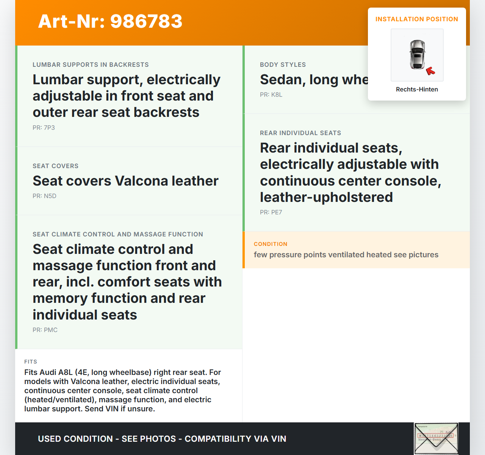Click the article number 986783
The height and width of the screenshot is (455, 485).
(x=146, y=21)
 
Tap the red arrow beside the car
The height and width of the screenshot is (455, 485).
(x=430, y=71)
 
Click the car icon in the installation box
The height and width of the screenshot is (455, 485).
(x=417, y=55)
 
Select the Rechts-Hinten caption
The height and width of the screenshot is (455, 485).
(x=417, y=89)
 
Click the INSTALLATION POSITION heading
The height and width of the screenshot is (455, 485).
(x=417, y=19)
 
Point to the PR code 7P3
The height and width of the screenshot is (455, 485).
(x=44, y=128)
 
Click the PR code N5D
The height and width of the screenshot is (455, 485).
(x=44, y=196)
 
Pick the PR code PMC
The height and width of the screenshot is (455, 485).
(x=45, y=330)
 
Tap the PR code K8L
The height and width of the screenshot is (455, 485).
(x=271, y=94)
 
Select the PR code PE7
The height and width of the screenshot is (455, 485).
(x=271, y=212)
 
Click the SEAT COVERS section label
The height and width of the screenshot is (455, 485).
(x=55, y=166)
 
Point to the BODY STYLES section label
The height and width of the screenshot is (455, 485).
(x=283, y=65)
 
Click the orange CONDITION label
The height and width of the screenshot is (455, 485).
(x=271, y=244)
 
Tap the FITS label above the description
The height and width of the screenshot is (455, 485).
(x=31, y=362)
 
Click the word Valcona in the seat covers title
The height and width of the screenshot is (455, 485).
(x=141, y=181)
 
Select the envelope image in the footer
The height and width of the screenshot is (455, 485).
(x=436, y=438)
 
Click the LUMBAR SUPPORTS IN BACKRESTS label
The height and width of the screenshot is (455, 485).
(x=91, y=65)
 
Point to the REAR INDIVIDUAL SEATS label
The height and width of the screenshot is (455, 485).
(x=300, y=133)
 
